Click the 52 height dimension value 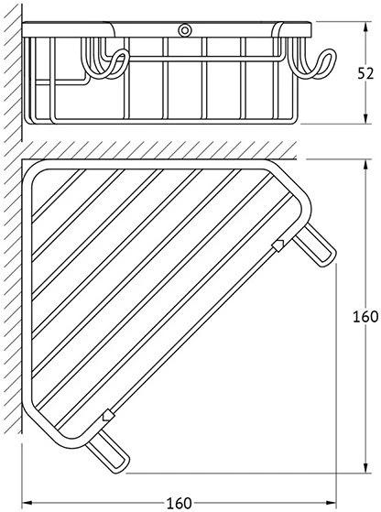pos(365,74)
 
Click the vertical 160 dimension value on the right pos(365,316)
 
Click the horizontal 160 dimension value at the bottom pos(179,503)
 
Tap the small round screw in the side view pos(184,30)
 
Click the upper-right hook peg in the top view pos(315,246)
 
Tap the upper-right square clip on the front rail pos(278,245)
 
